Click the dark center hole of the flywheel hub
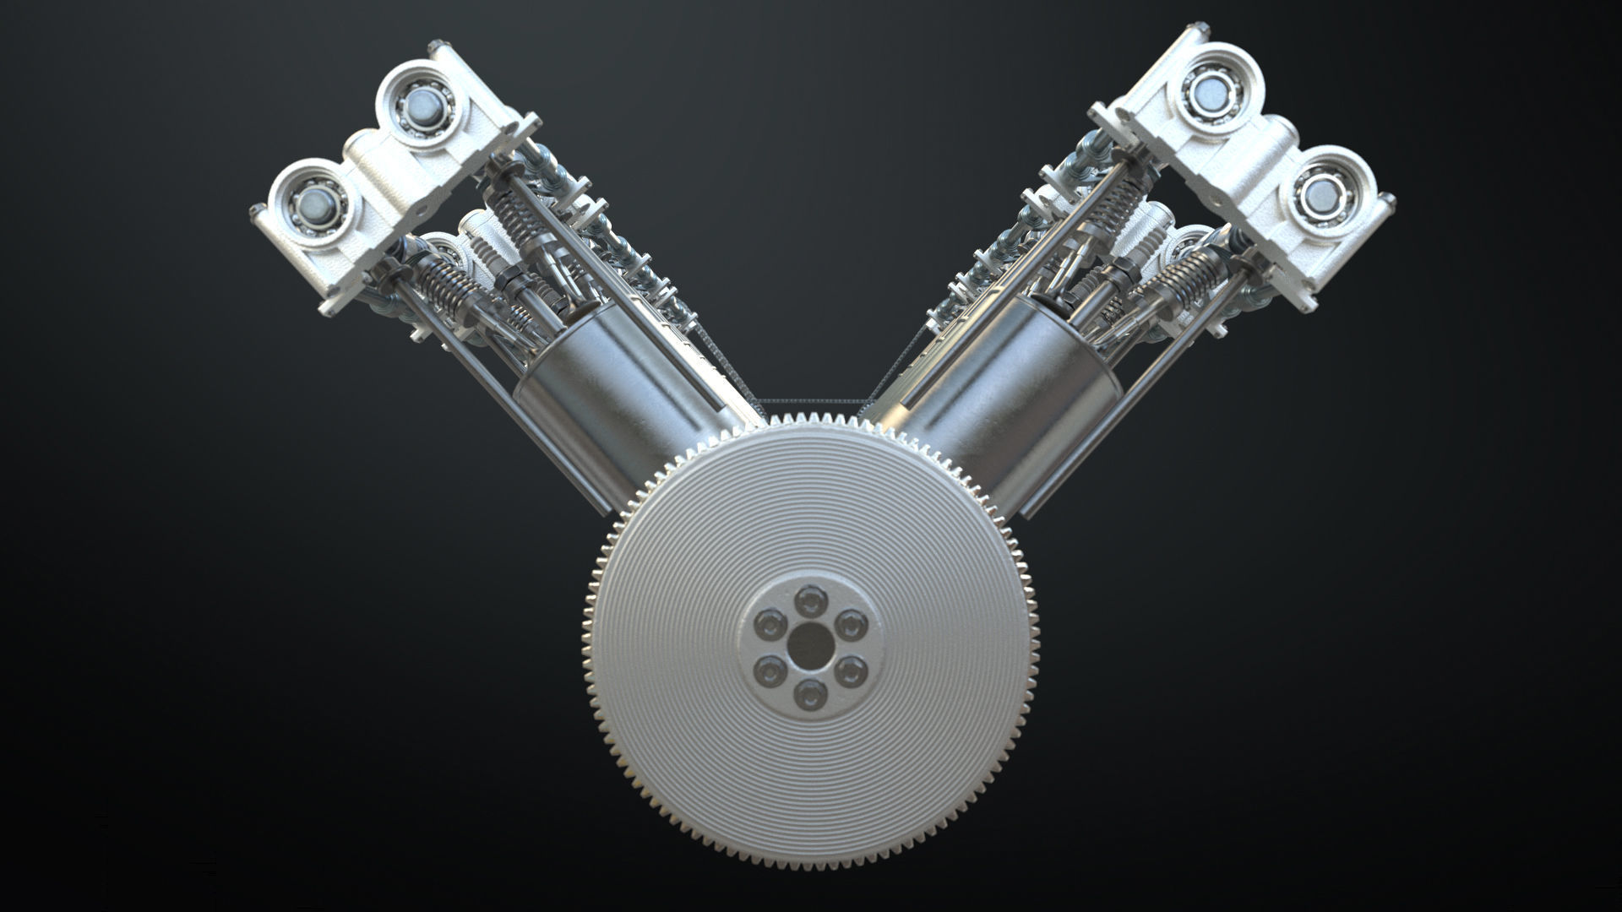click(811, 644)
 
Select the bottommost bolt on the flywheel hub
click(811, 692)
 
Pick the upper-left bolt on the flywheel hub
click(770, 625)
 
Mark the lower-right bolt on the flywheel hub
click(852, 670)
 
